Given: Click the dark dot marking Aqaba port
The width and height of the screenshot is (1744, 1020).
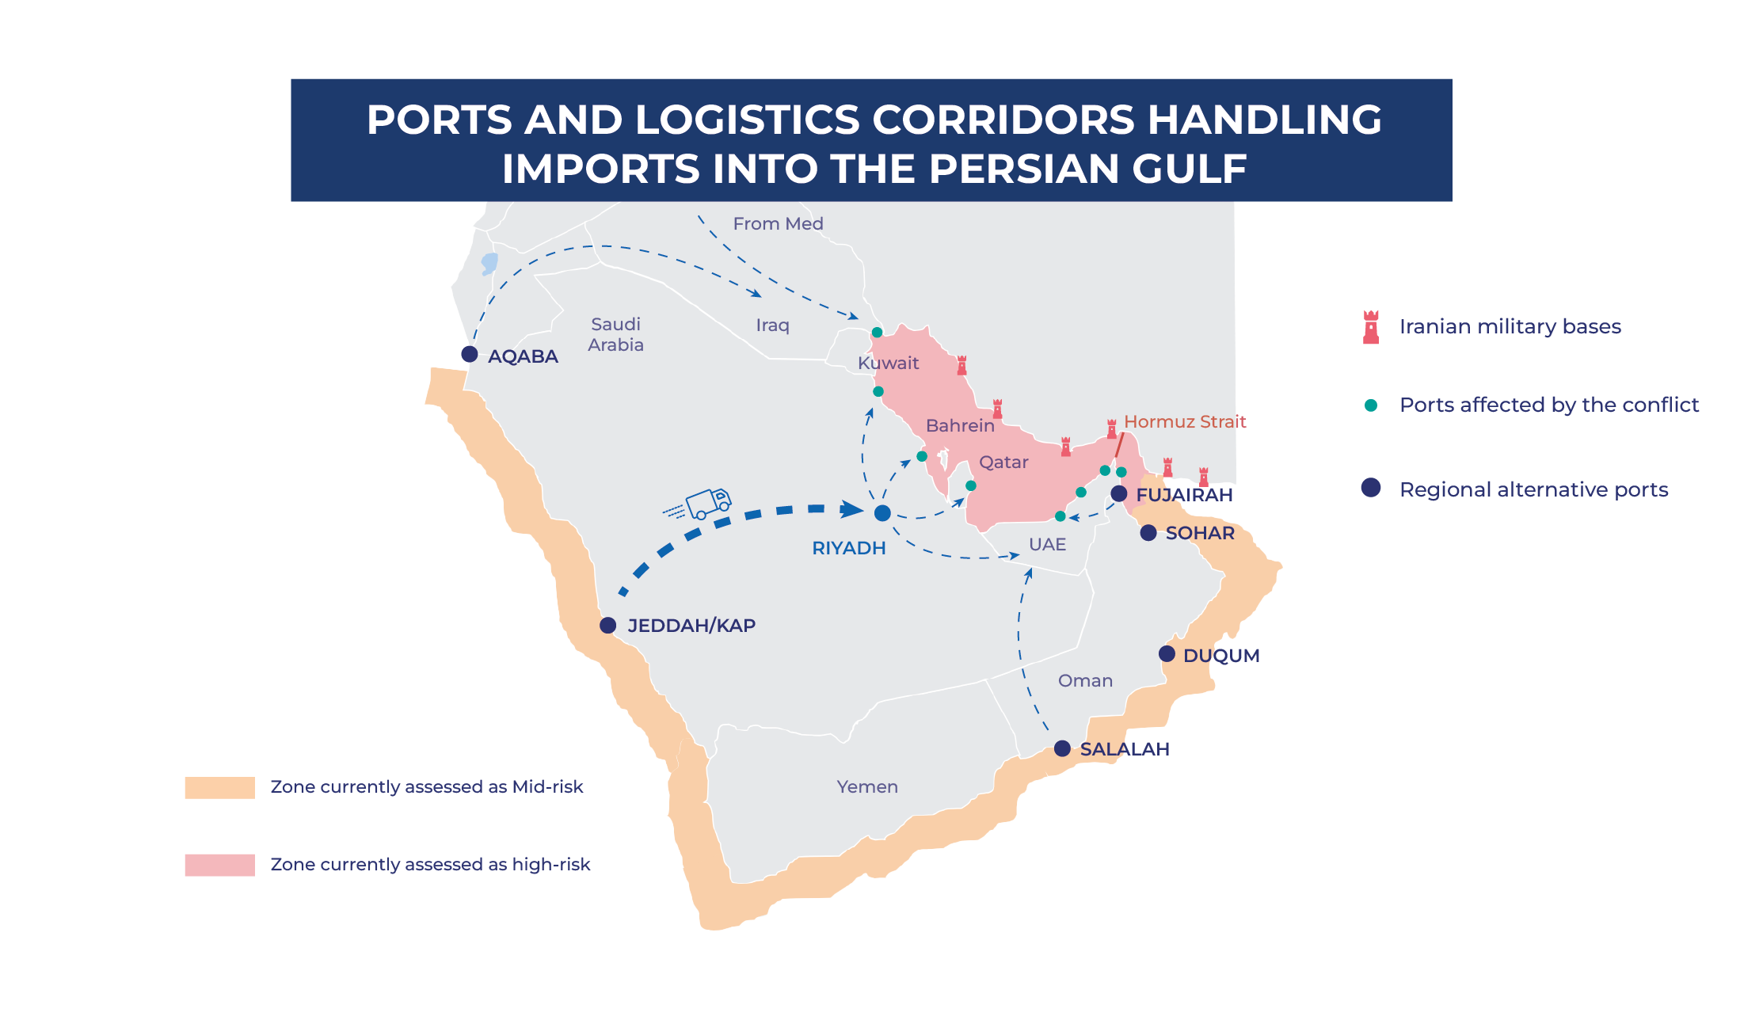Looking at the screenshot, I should (x=470, y=354).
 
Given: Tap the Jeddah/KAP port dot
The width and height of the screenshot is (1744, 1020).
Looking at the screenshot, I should (x=607, y=626).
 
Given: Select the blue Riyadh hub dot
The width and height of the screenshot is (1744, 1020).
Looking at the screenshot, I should (x=882, y=513).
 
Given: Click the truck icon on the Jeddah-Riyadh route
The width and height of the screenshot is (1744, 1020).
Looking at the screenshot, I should (x=708, y=503).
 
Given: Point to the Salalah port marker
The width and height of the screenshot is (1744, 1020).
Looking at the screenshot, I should (x=1062, y=748).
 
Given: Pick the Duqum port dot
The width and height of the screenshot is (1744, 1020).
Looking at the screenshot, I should (x=1167, y=654).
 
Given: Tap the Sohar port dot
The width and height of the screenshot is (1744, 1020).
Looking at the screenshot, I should (x=1148, y=533).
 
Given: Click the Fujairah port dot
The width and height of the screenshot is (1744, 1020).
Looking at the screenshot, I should (x=1119, y=493).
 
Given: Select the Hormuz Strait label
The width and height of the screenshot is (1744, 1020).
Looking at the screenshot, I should (x=1185, y=421).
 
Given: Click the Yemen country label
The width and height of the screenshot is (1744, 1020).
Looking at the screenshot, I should (x=867, y=786).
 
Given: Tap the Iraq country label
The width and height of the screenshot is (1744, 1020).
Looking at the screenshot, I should (x=772, y=325).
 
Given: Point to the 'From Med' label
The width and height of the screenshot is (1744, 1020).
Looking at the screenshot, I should (x=778, y=223).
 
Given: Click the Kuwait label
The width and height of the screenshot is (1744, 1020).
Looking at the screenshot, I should (x=888, y=363).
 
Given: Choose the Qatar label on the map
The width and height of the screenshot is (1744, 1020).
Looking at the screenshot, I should (x=1003, y=462).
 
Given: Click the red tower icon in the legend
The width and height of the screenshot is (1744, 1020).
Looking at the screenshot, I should (x=1371, y=326).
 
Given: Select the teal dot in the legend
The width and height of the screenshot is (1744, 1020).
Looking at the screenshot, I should (x=1371, y=405).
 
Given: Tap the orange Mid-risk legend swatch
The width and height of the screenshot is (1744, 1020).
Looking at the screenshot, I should (x=219, y=787).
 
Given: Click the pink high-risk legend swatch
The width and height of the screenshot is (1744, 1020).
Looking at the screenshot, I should (x=219, y=865).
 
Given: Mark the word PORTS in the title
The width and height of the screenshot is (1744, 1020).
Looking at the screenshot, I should (x=440, y=120).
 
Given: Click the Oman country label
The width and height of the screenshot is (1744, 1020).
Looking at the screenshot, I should (x=1085, y=680).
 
